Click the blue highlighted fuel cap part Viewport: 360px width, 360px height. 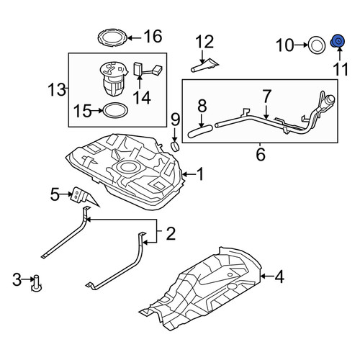pos(338,41)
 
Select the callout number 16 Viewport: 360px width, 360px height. pos(153,36)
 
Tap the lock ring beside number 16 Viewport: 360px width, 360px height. pos(112,38)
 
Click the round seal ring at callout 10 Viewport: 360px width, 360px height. pos(317,45)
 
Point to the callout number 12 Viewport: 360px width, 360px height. pos(204,42)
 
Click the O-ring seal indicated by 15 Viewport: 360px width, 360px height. pos(115,110)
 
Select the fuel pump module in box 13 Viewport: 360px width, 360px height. pos(113,78)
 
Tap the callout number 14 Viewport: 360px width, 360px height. pos(142,98)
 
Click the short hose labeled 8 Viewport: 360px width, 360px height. pos(200,131)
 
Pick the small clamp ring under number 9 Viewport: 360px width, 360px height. pos(175,147)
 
